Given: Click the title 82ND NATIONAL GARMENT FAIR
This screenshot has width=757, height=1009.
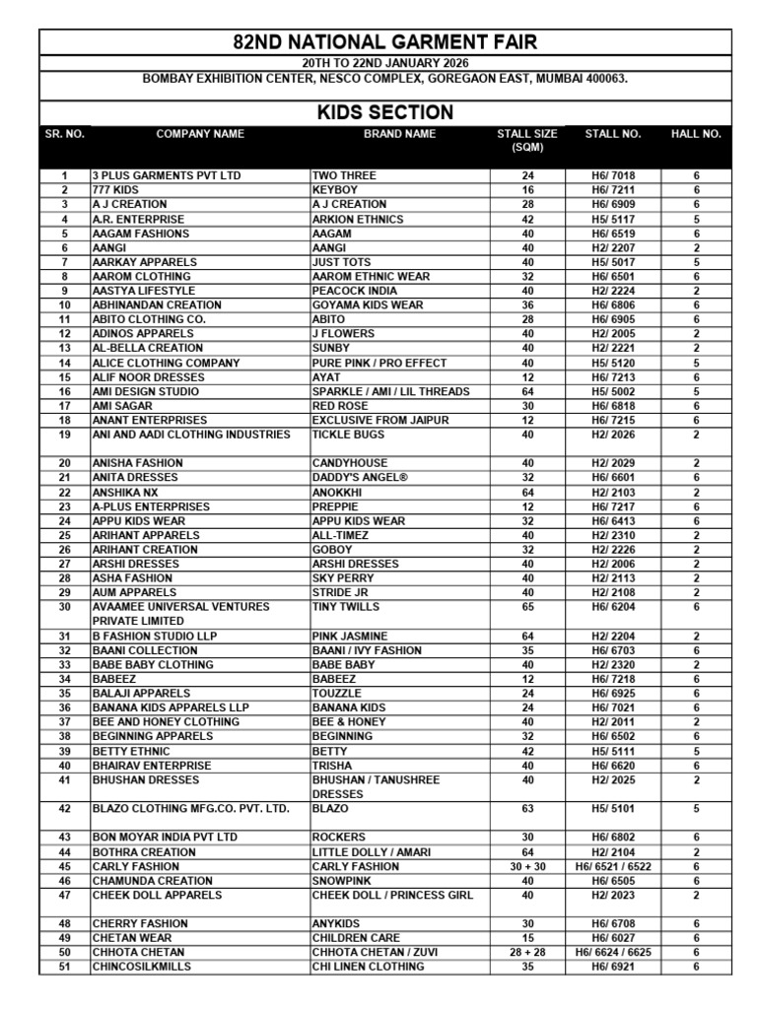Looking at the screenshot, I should point(384,42).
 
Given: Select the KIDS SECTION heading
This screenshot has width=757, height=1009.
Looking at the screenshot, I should point(384,112).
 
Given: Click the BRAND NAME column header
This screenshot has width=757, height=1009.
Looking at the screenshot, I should point(399,134).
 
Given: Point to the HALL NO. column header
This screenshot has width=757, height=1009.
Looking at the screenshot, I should point(696,134).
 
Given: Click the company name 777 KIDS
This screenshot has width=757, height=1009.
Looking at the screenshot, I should point(115,190).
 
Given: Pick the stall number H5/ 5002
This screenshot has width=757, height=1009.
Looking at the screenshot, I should point(613,391).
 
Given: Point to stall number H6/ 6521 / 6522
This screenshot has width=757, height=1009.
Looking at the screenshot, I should point(613,866).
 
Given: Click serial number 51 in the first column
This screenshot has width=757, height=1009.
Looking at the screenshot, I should point(65,967).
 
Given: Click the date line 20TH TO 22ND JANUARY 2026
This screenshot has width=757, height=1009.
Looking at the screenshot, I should point(384,63).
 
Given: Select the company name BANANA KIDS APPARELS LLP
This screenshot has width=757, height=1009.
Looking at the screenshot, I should point(171,707).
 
